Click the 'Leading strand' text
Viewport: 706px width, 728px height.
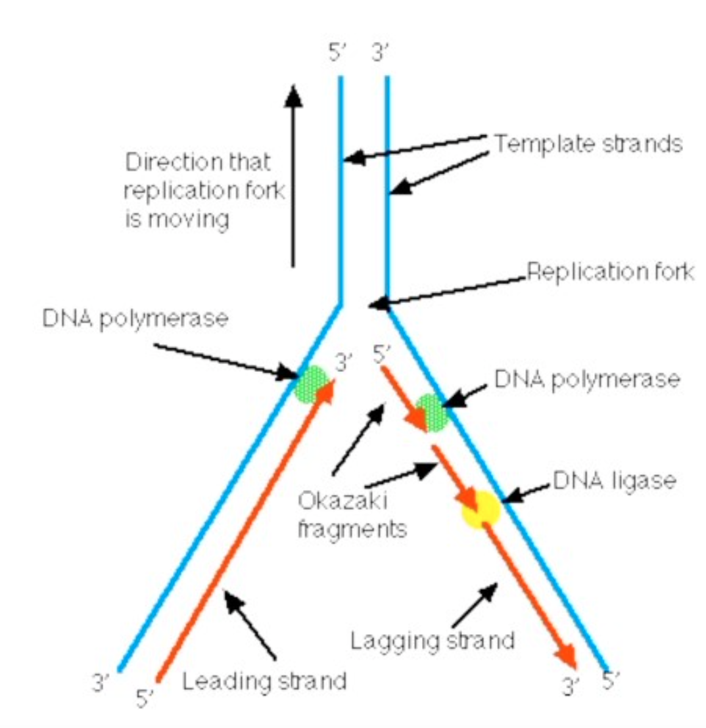(264, 681)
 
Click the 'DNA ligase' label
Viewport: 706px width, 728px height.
(614, 482)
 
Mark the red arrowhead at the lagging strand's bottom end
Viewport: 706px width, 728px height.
(566, 657)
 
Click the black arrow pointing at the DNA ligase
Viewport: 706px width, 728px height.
(530, 494)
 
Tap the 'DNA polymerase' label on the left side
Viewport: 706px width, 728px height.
(135, 320)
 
